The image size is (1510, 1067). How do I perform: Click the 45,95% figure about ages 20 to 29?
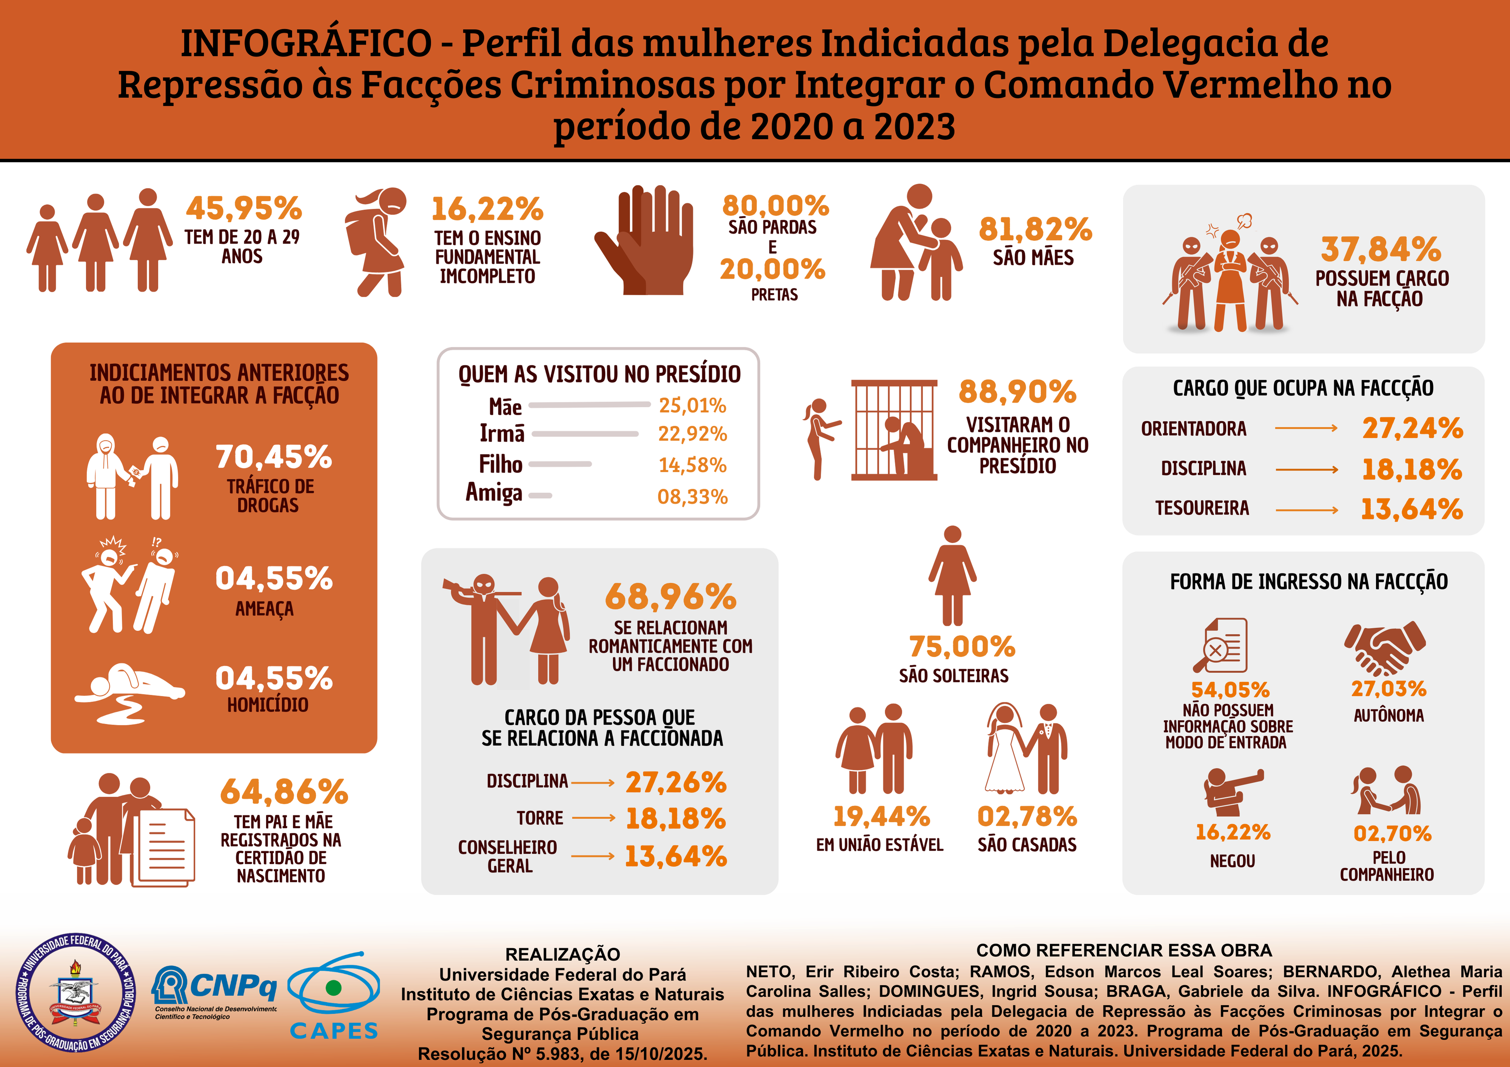click(243, 208)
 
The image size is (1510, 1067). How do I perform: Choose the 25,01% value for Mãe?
click(692, 406)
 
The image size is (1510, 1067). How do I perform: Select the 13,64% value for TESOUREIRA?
click(1411, 509)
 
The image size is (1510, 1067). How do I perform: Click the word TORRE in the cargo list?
click(540, 818)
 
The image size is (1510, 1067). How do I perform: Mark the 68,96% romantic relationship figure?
click(670, 597)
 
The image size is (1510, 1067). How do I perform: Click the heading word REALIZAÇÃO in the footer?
click(562, 954)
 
